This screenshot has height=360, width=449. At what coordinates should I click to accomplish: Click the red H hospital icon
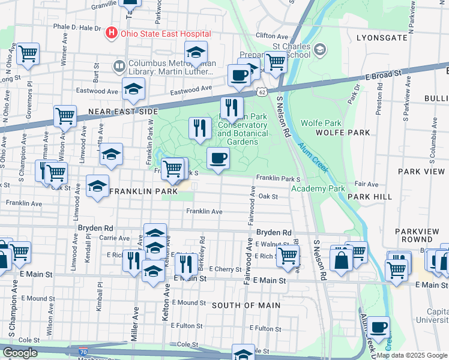point(111,33)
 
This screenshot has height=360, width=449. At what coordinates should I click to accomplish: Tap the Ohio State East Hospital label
point(165,34)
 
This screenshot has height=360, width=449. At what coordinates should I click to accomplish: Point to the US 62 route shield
point(261,92)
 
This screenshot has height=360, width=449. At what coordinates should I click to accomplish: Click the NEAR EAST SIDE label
point(123,112)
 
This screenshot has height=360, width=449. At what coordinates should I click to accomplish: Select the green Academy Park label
point(318,188)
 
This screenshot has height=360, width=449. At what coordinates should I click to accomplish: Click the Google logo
point(20,353)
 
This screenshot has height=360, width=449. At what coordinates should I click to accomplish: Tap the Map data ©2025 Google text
point(412,355)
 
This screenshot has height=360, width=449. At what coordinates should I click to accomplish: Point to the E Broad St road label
point(382,75)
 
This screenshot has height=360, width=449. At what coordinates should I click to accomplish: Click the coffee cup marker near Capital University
point(378,328)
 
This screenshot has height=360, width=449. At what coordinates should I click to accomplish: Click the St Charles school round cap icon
point(320,48)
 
